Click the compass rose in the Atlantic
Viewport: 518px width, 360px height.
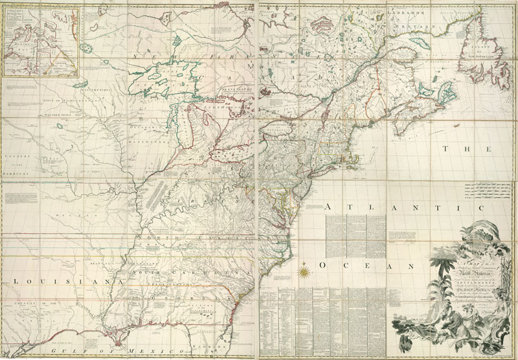click(303, 266)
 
